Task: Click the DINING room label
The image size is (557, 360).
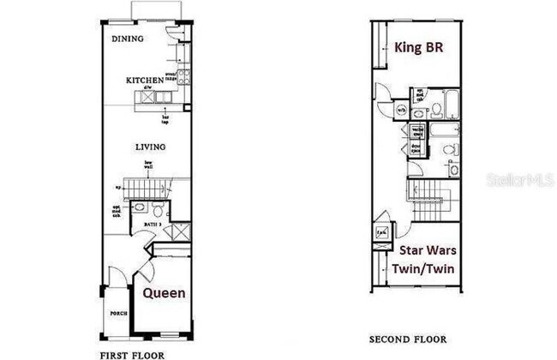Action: coord(129,39)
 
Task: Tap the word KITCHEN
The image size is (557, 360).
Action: coord(144,80)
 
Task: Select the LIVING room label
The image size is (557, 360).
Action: coord(150,147)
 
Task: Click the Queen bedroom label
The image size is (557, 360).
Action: coord(164,293)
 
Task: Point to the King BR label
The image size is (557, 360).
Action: coord(419,46)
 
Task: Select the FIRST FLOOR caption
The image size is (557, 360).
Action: coord(132,353)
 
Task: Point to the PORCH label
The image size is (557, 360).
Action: coord(118,314)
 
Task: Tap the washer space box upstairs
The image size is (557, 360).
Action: coord(417,131)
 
